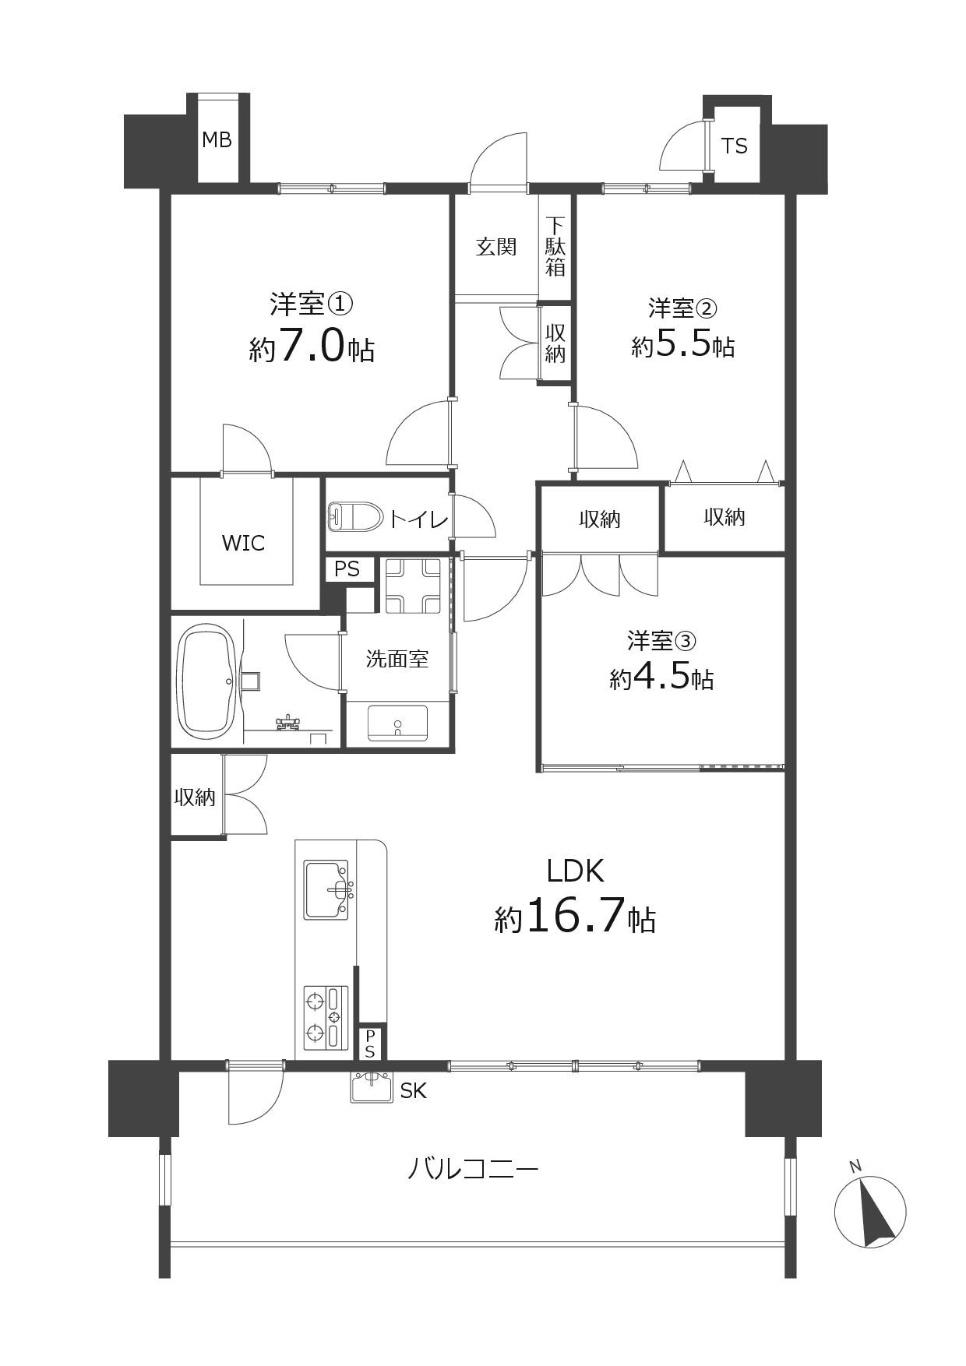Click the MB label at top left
(x=217, y=140)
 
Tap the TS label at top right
(x=734, y=146)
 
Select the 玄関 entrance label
(x=496, y=247)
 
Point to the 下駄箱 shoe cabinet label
(x=555, y=247)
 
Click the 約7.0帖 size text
(x=312, y=348)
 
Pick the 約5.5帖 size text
(x=682, y=344)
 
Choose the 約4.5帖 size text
(x=661, y=678)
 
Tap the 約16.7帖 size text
(x=575, y=917)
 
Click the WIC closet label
(x=243, y=543)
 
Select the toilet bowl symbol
(x=355, y=516)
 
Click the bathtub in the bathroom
(x=208, y=682)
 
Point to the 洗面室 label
(x=397, y=660)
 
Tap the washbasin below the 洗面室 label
(x=397, y=723)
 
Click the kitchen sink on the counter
(x=326, y=889)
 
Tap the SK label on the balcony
(x=413, y=1091)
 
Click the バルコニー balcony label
(x=473, y=1169)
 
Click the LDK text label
(x=575, y=871)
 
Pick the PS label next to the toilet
(x=347, y=569)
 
